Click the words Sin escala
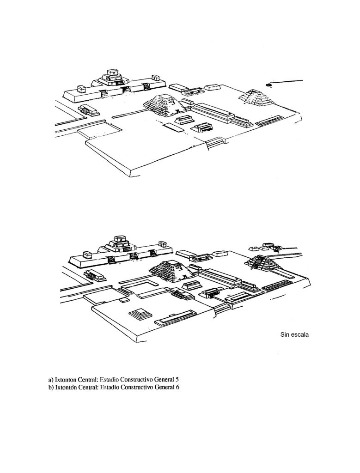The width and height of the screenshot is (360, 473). pos(294,334)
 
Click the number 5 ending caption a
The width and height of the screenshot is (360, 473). pos(177,380)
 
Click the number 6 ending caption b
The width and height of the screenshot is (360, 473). pos(177,387)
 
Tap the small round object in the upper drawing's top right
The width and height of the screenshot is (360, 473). pos(268,85)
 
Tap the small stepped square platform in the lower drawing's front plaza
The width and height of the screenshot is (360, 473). pos(140,314)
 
